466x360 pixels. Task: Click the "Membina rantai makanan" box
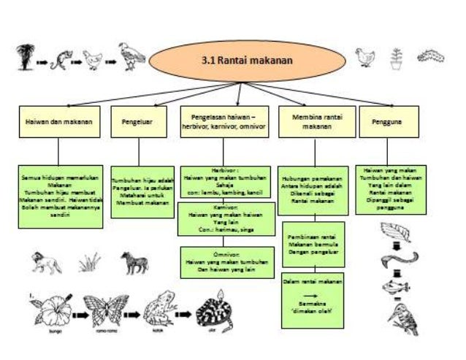point(312,121)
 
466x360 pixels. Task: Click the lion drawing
point(46,261)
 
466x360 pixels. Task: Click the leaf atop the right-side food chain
point(399,233)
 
